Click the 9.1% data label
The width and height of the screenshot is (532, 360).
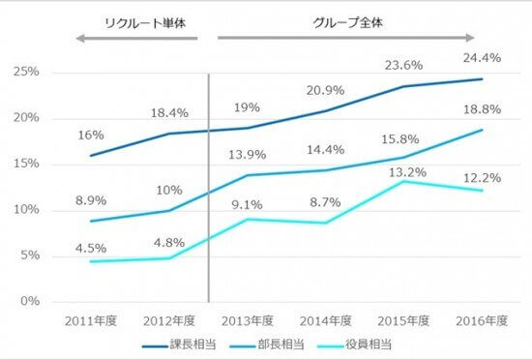(248, 204)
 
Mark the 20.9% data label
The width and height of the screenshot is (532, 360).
(327, 90)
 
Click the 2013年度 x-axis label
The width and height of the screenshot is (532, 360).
(248, 320)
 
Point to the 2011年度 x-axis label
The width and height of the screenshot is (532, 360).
(89, 320)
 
